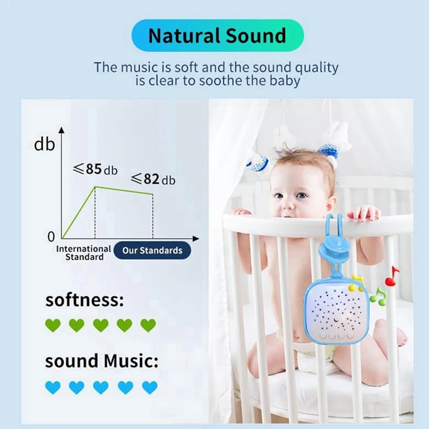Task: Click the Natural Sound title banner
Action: click(218, 35)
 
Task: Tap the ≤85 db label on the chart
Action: click(95, 169)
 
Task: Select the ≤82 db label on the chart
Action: click(153, 179)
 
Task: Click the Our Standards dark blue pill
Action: click(152, 250)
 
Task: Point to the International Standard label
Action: click(84, 253)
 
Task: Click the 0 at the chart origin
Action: click(51, 237)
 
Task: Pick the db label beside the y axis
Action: click(45, 144)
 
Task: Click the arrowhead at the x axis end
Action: click(196, 239)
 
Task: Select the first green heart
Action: click(53, 326)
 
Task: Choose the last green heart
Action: click(148, 326)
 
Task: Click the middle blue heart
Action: click(101, 388)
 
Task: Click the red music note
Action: click(392, 276)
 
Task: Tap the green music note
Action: click(378, 297)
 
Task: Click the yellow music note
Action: click(356, 283)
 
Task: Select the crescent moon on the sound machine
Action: click(336, 320)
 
